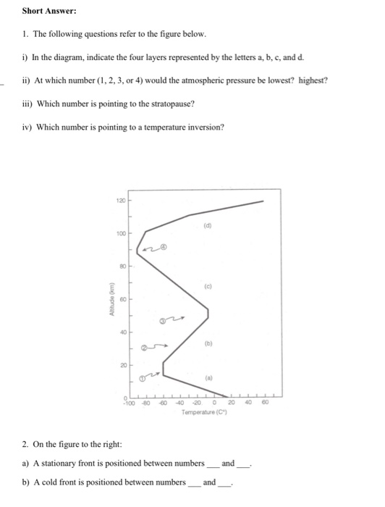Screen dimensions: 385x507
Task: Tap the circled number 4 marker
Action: [x=164, y=247]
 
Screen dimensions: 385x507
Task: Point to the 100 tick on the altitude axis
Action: [x=119, y=233]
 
